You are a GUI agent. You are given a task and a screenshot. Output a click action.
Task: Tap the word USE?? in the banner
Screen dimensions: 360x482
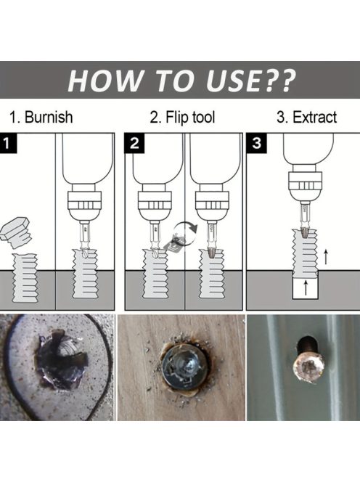pos(250,81)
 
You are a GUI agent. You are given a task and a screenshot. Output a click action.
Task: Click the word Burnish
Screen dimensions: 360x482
pos(49,117)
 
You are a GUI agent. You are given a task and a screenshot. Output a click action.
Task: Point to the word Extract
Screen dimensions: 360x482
pos(315,117)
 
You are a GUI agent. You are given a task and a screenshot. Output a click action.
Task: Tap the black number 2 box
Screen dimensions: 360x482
pos(134,143)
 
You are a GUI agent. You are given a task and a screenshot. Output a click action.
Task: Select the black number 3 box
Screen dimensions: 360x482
pos(256,143)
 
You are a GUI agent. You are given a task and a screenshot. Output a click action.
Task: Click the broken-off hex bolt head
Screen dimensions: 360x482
pos(16,232)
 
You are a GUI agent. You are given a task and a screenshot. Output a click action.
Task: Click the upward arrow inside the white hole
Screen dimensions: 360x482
pos(306,287)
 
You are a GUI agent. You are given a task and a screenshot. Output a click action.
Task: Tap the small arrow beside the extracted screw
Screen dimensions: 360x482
pos(326,257)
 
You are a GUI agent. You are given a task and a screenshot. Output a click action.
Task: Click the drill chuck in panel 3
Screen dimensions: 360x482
pos(305,185)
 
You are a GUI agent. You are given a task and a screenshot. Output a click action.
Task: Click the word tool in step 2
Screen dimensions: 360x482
pos(203,117)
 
